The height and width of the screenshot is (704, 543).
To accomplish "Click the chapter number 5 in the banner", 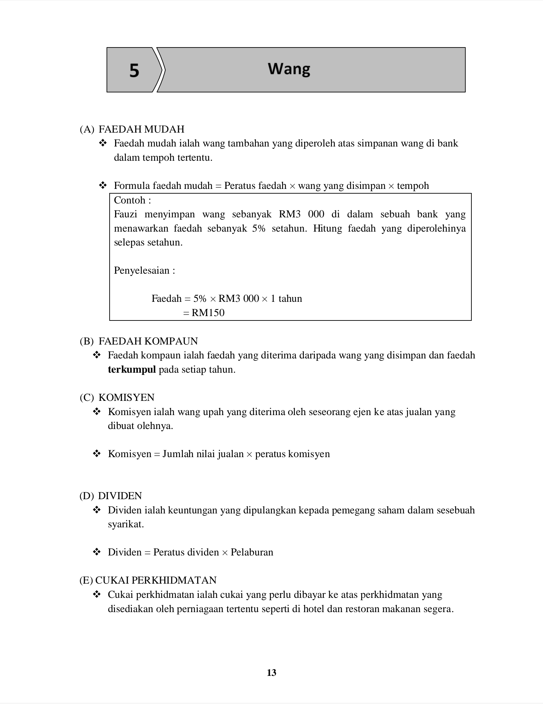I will tap(134, 71).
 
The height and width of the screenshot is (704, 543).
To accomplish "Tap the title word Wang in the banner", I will tap(289, 69).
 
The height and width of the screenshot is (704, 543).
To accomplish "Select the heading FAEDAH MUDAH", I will tap(141, 129).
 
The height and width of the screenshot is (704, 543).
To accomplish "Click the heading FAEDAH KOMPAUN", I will tap(148, 341).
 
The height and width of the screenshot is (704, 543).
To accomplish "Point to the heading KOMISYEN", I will tap(126, 397).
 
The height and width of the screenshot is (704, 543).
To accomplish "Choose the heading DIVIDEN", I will tap(120, 496).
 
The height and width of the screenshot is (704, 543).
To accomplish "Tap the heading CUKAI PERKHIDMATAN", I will tap(156, 580).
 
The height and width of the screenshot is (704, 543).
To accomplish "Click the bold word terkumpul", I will tap(132, 369).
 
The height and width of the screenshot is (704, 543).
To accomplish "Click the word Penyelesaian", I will tap(142, 271).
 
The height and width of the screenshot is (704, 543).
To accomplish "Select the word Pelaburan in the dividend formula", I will tap(252, 552).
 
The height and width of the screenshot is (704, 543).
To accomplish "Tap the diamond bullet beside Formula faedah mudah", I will tap(102, 185).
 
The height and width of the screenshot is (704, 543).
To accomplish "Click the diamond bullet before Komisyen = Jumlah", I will tap(97, 454).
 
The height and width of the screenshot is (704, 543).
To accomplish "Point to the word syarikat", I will tap(126, 524).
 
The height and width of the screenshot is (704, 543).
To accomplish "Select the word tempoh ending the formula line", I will tap(413, 186).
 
